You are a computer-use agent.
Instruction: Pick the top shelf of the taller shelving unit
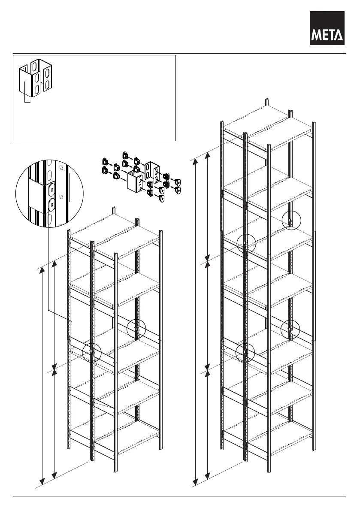click(x=269, y=126)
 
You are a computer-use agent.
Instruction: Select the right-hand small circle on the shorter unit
click(x=136, y=329)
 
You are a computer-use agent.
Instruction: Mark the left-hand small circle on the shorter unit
click(x=91, y=352)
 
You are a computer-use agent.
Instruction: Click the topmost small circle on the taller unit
click(x=291, y=221)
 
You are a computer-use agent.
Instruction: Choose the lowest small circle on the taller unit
click(x=245, y=353)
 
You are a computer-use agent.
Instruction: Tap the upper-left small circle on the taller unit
click(x=246, y=243)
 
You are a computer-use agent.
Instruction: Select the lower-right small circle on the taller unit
click(x=290, y=329)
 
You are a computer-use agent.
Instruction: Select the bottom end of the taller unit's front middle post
click(x=245, y=459)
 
